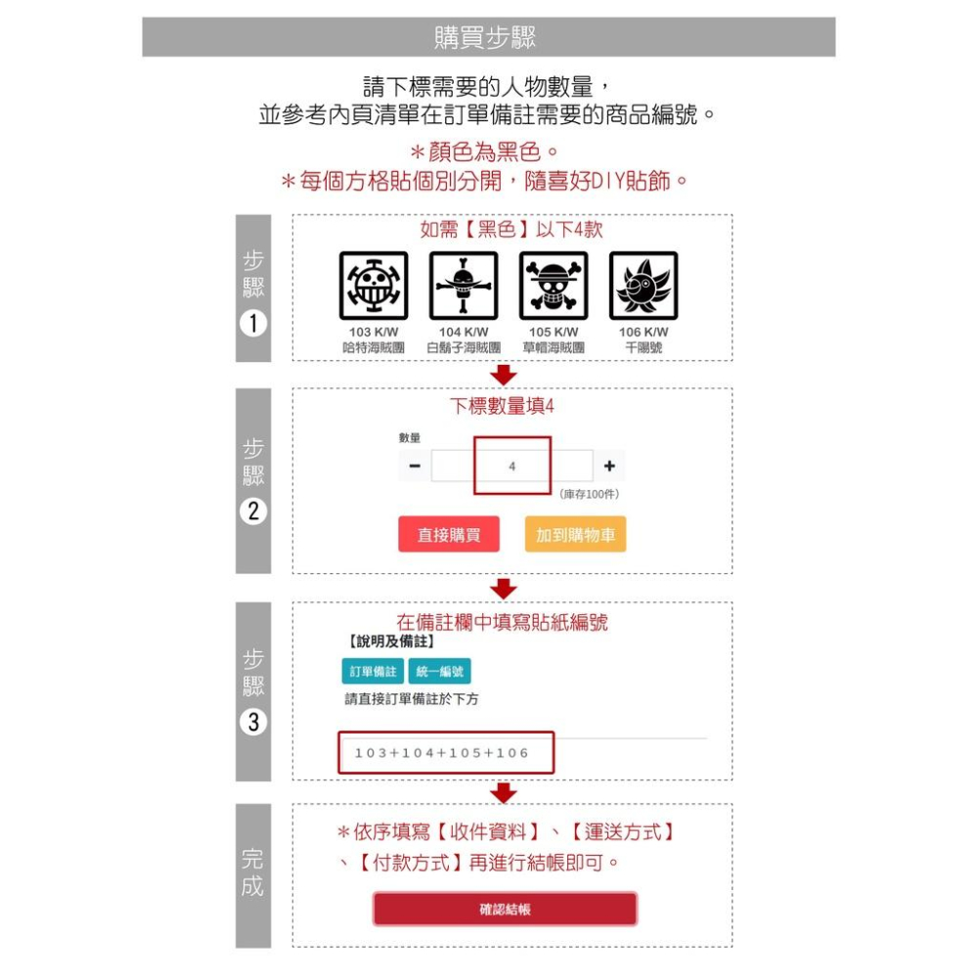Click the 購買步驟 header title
coord(486,37)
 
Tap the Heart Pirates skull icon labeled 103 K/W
coord(373,286)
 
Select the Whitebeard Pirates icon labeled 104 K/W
coord(463,286)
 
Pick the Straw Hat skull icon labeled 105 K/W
coord(553,286)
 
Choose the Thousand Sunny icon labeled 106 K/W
coord(643,286)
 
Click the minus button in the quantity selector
coord(414,467)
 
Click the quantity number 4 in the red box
coord(512,467)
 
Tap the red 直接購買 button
coord(449,534)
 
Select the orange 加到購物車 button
coord(575,534)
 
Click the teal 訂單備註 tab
coord(372,672)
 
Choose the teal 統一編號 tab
coord(439,672)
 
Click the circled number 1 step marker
coord(252,324)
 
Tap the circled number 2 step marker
coord(252,511)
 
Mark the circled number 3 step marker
coord(252,723)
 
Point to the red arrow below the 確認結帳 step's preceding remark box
coord(503,792)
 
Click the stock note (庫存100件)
coord(590,495)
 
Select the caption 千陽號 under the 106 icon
coord(644,347)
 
